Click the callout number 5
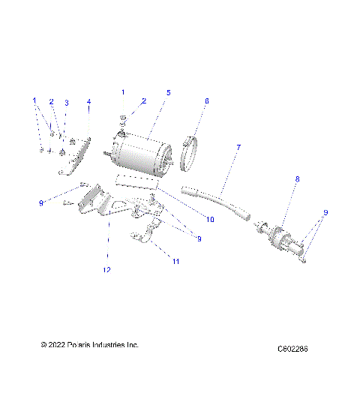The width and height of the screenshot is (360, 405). tap(169, 92)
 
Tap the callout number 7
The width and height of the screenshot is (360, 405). tap(238, 147)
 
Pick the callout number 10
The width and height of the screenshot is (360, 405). tap(210, 220)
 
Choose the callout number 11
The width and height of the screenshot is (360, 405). tap(177, 262)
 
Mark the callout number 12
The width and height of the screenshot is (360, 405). tap(106, 269)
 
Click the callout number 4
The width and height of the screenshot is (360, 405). tap(88, 101)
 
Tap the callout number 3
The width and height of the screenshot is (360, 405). tap(66, 103)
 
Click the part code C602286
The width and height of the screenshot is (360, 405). tap(292, 349)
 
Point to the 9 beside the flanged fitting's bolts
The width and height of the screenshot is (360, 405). tap(325, 212)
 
